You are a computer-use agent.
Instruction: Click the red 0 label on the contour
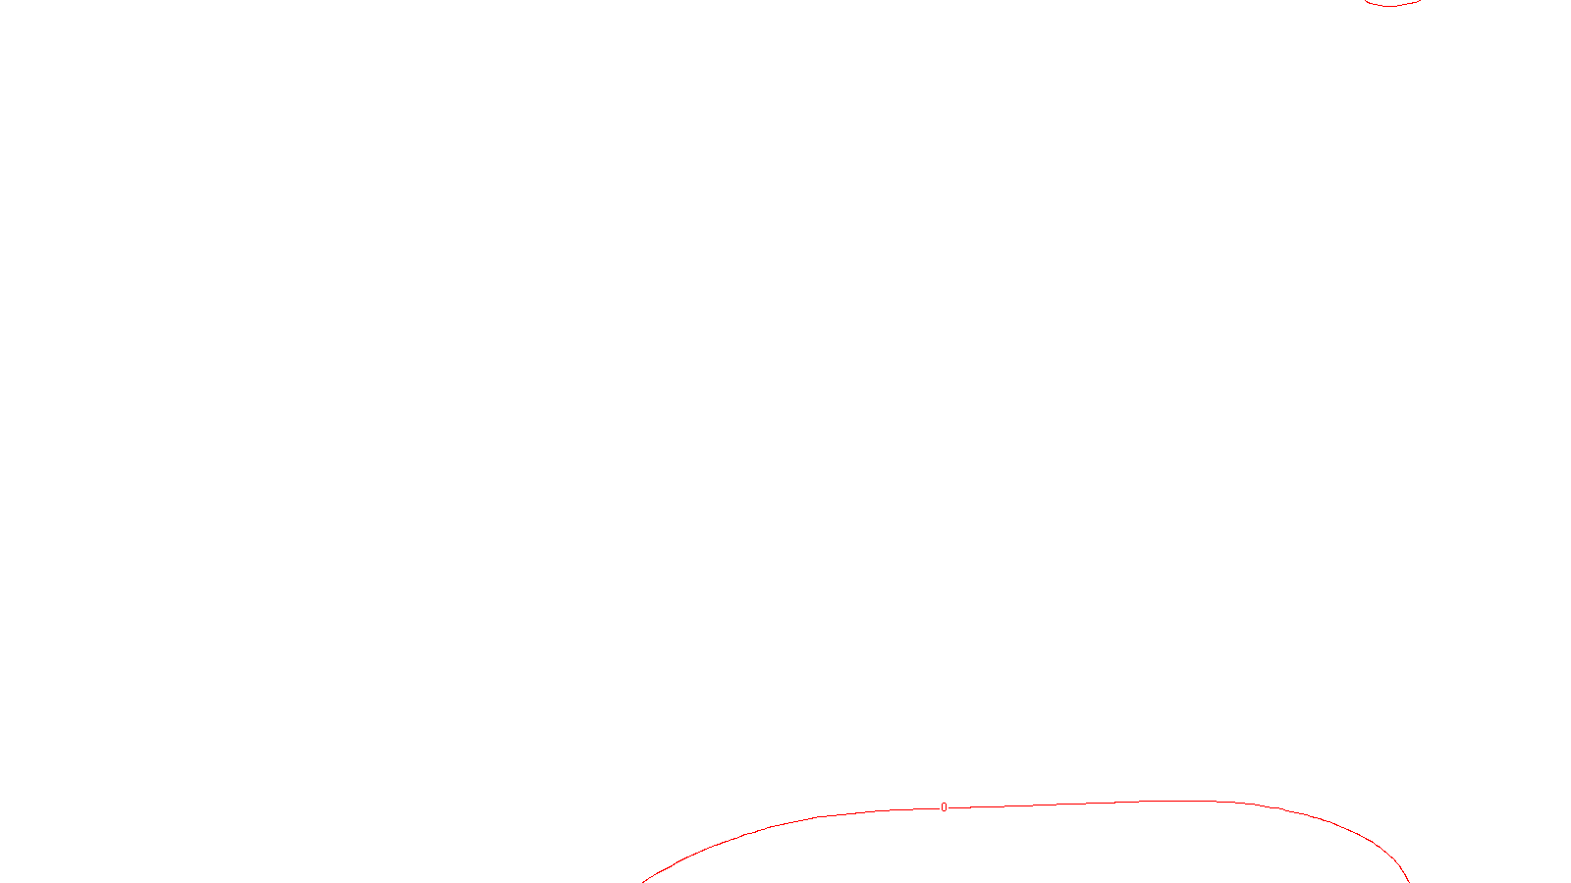pyautogui.click(x=944, y=807)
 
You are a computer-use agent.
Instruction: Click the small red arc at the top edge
pyautogui.click(x=1391, y=5)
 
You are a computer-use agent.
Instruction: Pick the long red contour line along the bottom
pyautogui.click(x=1080, y=804)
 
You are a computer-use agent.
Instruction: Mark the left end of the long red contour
pyautogui.click(x=644, y=881)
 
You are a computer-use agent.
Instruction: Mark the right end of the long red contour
pyautogui.click(x=1409, y=881)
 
